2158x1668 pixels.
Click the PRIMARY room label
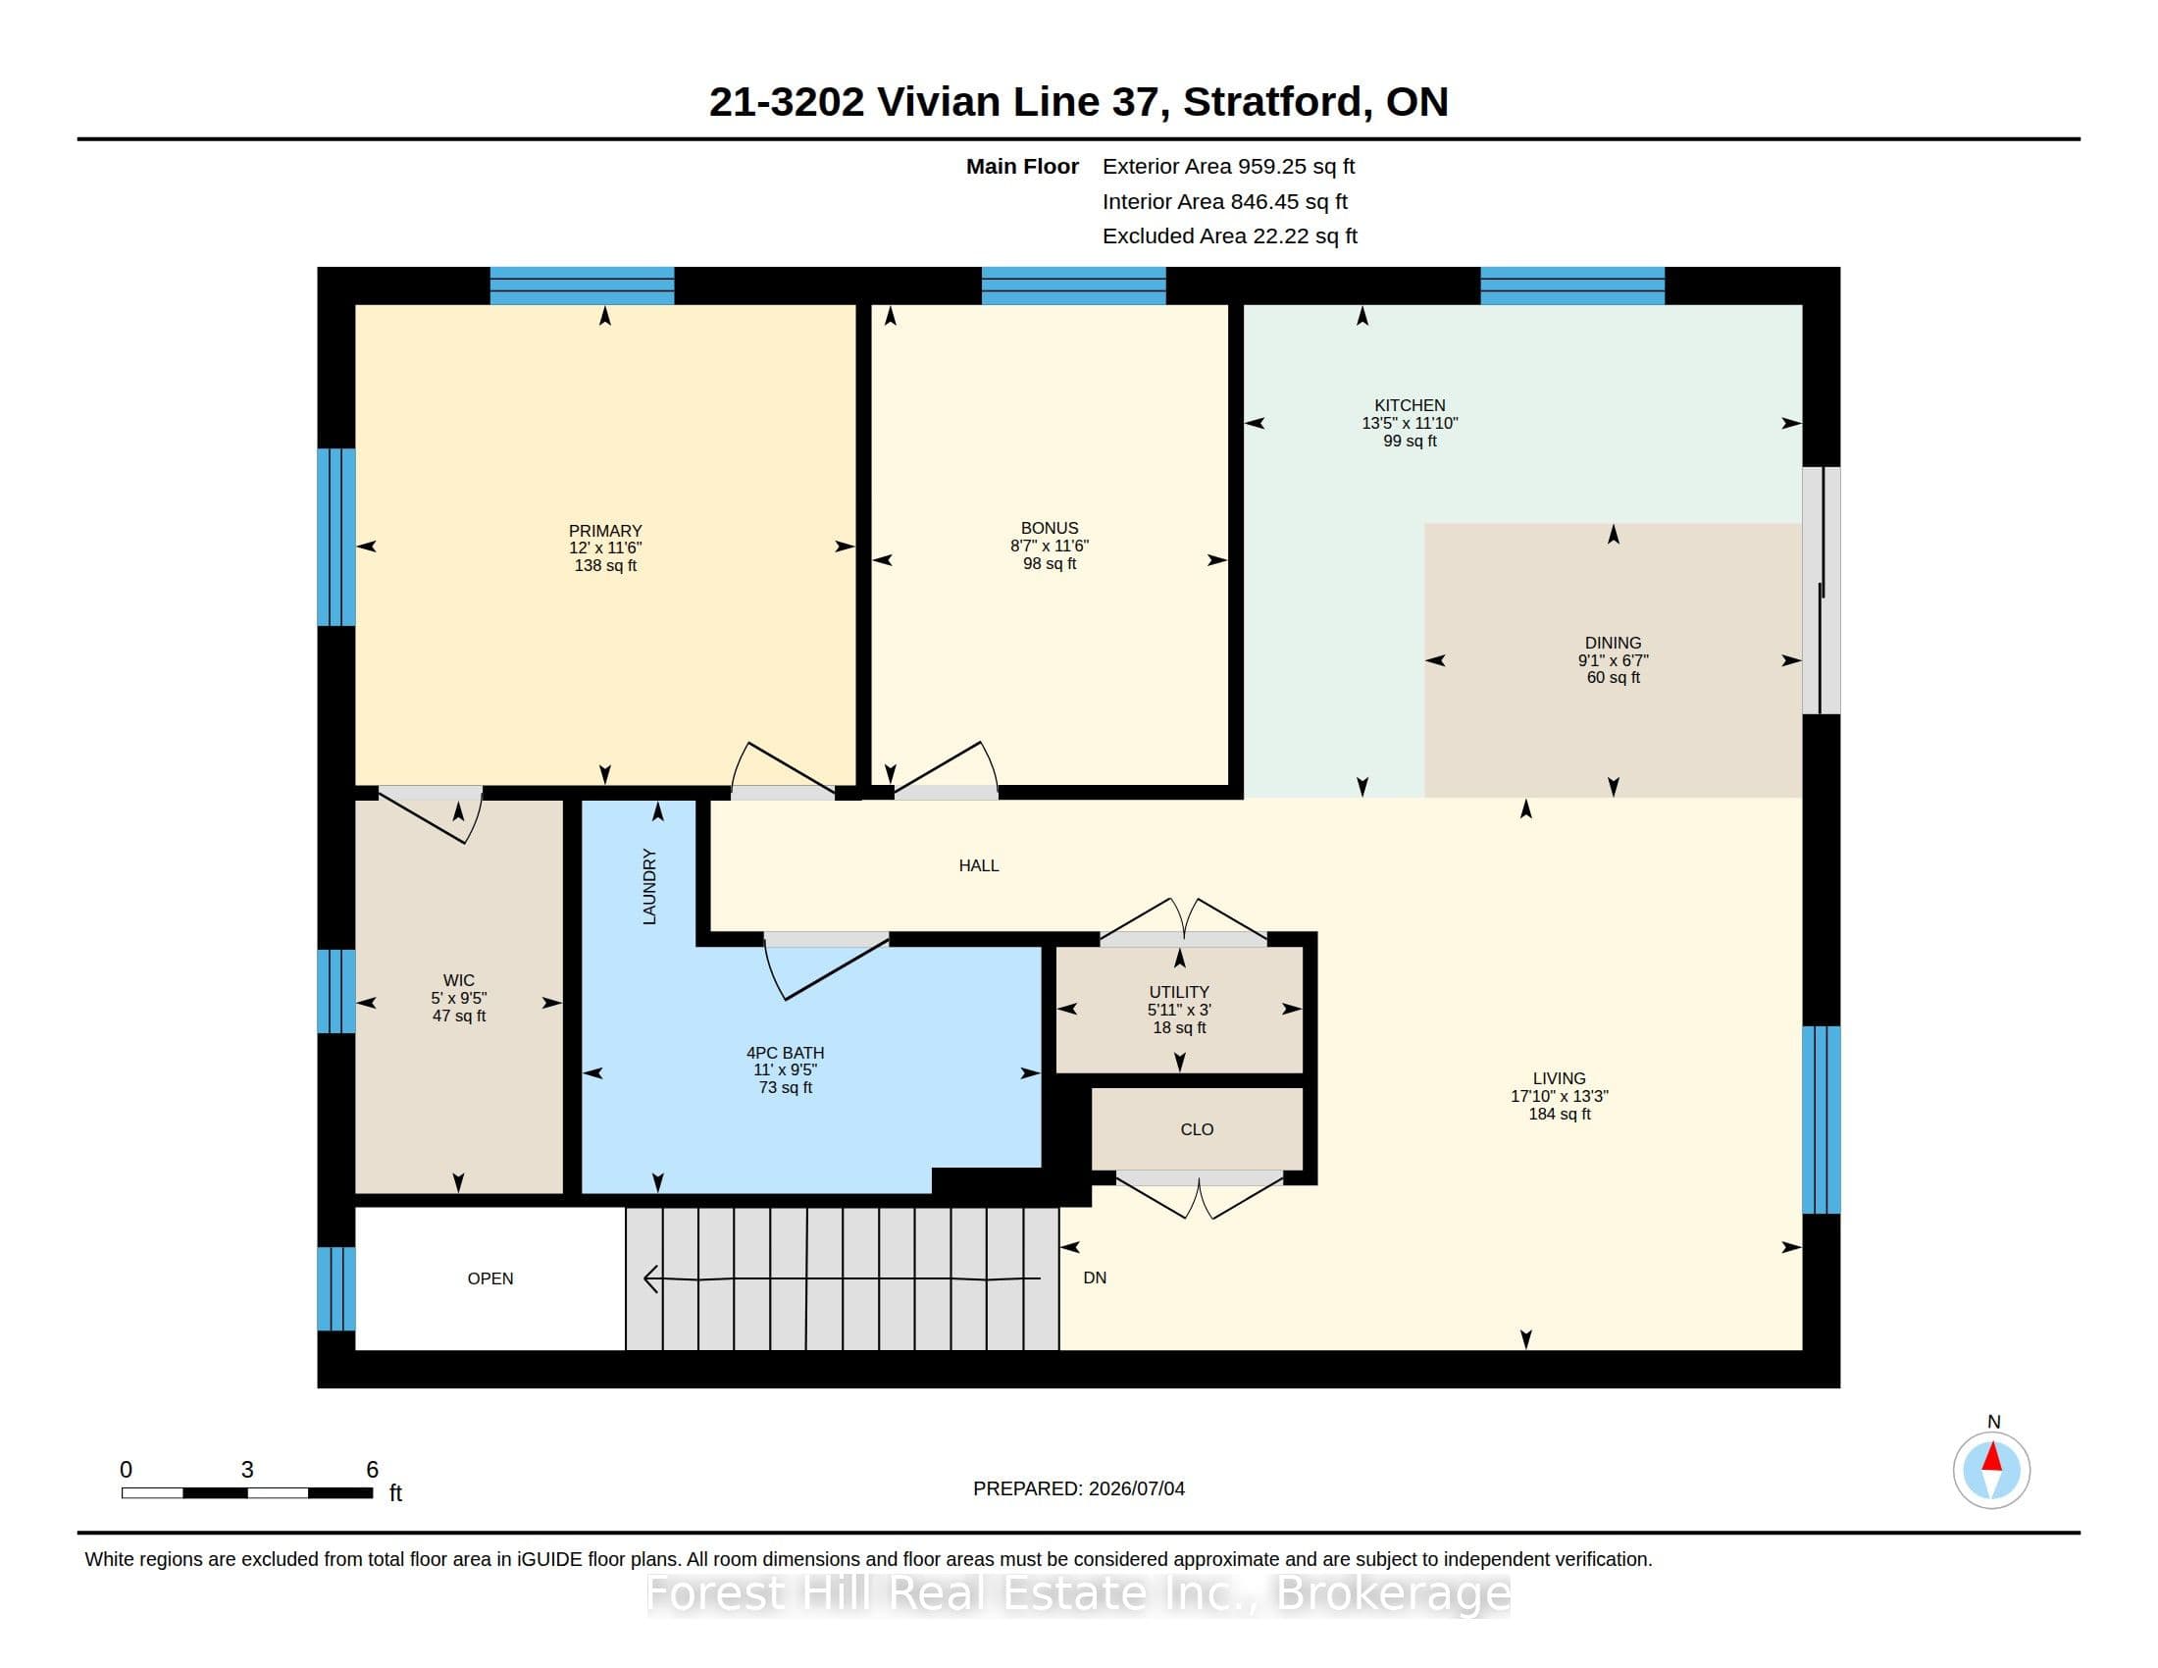point(604,531)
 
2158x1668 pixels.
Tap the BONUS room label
point(1050,528)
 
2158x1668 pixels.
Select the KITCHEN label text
point(1410,405)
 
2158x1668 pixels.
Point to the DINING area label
point(1613,643)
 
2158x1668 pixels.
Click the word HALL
point(978,865)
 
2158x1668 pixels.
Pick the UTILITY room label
point(1179,991)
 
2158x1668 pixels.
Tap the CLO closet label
point(1197,1129)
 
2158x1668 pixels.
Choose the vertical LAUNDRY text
point(649,886)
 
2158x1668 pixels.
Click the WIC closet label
point(458,980)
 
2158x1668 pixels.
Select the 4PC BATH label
point(786,1053)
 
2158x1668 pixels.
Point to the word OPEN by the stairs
point(490,1278)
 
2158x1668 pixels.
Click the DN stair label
point(1095,1277)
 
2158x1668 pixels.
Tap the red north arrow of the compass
point(1992,1456)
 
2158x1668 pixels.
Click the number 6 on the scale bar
point(373,1470)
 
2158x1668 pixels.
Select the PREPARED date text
point(1079,1488)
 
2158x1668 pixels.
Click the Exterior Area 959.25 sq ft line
point(1229,167)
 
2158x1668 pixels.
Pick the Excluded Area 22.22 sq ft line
point(1230,236)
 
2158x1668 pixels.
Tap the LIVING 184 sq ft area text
point(1560,1114)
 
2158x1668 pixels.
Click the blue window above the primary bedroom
point(582,286)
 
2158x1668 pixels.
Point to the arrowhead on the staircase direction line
point(651,1278)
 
